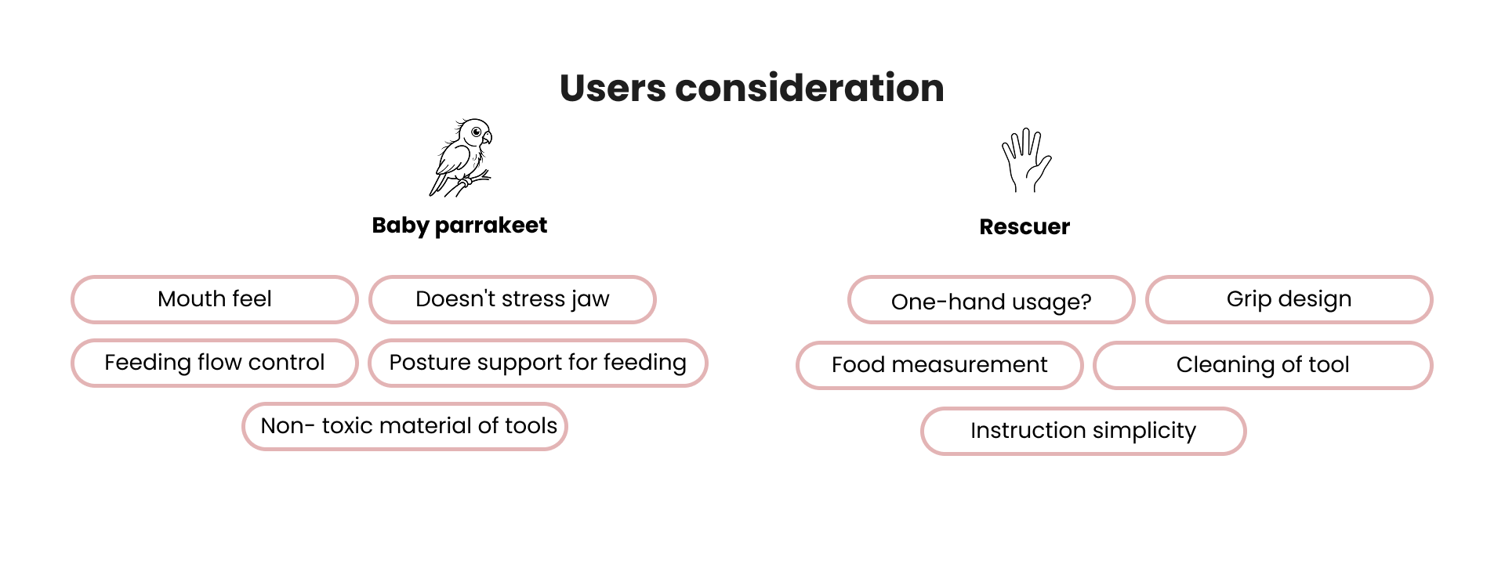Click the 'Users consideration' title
pos(752,88)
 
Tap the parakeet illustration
pos(462,157)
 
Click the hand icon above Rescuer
pos(1025,161)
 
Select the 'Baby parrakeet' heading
pos(459,226)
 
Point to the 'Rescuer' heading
pos(1024,227)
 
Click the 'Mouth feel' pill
pos(215,299)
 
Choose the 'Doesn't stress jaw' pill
pos(513,299)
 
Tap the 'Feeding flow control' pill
pos(215,363)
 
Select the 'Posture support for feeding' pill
pos(538,363)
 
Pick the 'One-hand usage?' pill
pos(991,301)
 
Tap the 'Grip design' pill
pos(1289,299)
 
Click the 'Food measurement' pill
pos(939,365)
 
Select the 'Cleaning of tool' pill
pos(1263,365)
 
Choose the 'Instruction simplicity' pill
pos(1083,431)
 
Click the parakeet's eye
pos(476,132)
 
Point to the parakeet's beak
pos(488,139)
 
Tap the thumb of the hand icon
pos(1043,166)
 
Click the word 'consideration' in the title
pos(809,88)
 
